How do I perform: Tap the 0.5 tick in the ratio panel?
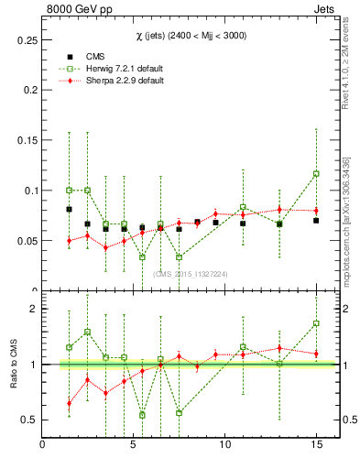pos(27,420)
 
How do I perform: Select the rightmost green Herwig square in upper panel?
pos(316,174)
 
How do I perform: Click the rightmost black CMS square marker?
pos(316,221)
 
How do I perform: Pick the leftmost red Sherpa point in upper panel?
pos(69,241)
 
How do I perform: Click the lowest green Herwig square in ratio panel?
pos(142,415)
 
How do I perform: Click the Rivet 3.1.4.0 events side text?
pos(350,64)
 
